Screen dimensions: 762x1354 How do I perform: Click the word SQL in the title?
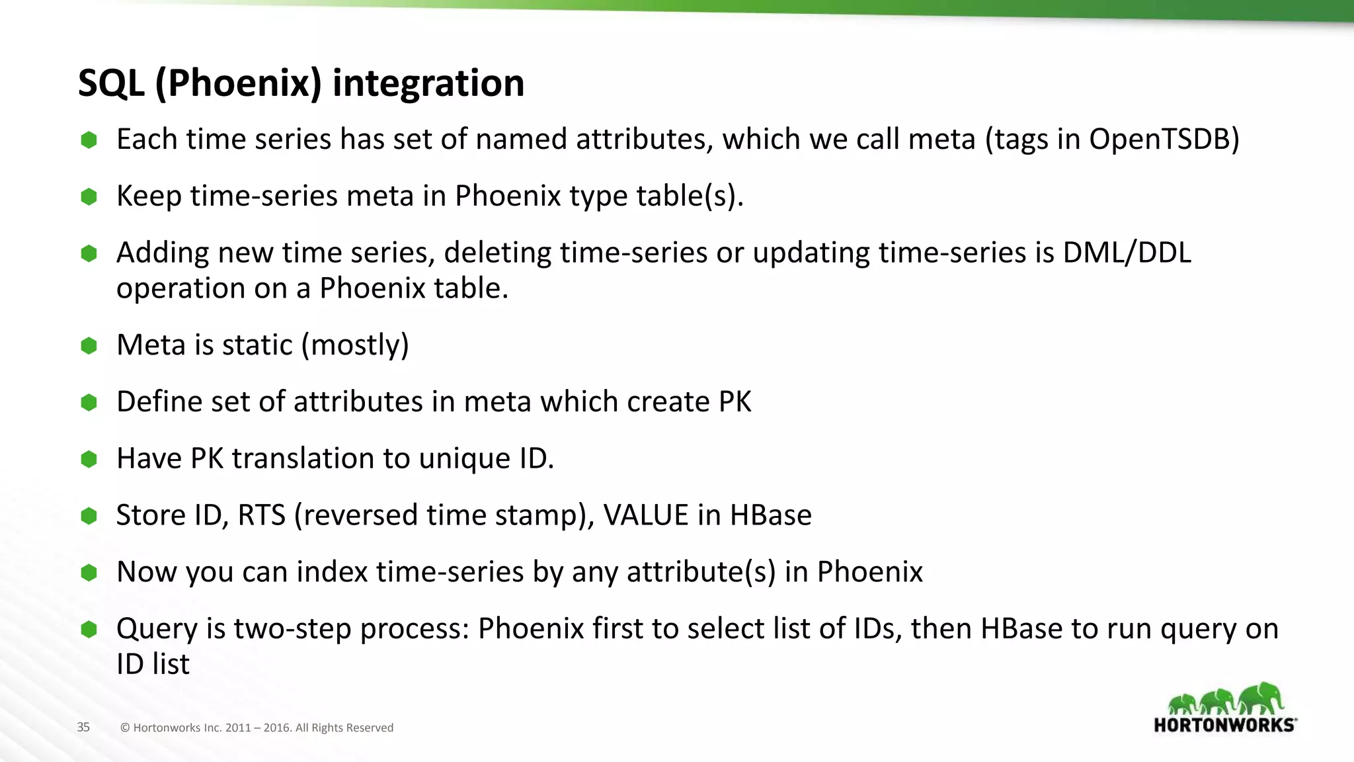(111, 83)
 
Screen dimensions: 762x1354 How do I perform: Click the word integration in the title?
(428, 83)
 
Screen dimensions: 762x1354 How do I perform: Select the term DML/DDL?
(1127, 253)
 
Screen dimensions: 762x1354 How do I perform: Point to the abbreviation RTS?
(261, 515)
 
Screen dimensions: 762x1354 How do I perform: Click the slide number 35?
(83, 727)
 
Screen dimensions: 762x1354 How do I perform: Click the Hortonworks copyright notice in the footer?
(257, 728)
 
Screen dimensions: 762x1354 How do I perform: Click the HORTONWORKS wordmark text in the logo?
(1224, 725)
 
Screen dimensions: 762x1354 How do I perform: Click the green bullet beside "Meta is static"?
(89, 345)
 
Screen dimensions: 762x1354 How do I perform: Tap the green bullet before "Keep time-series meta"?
(89, 196)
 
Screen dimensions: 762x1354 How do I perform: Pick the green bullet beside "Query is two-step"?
(89, 629)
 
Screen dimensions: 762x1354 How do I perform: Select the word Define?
(159, 402)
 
